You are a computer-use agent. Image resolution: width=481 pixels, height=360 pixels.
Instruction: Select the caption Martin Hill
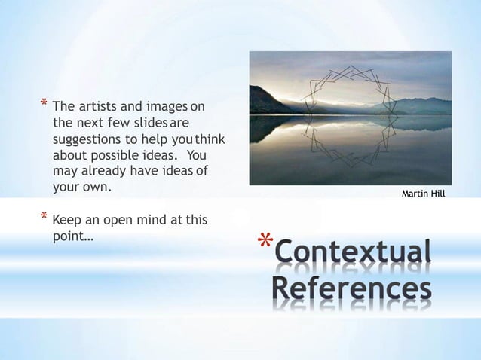[423, 194]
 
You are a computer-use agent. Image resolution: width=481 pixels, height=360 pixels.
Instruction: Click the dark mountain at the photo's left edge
[262, 102]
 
